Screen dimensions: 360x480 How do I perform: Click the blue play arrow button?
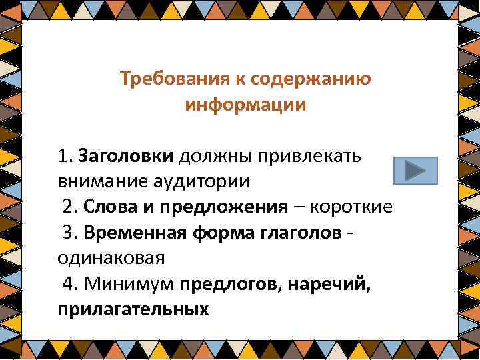tap(415, 170)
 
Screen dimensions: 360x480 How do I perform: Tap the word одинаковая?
tap(111, 258)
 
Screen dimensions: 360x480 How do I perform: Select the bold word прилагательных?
tap(133, 309)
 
